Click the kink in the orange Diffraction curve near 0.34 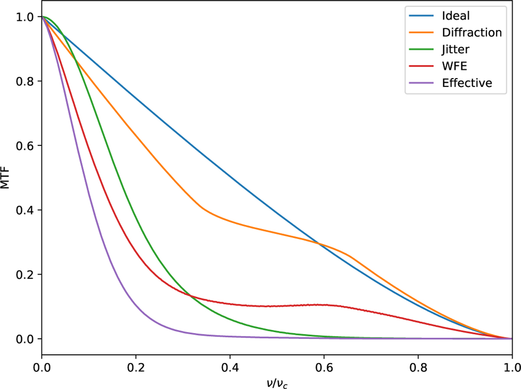point(202,208)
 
